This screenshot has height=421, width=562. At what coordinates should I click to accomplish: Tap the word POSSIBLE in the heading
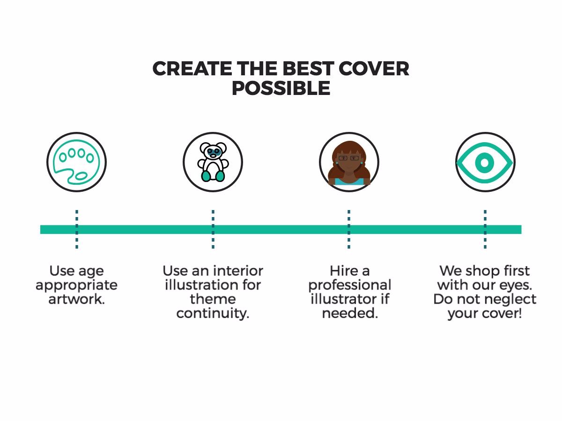tap(281, 88)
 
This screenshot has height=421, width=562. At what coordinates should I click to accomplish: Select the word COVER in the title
tap(374, 68)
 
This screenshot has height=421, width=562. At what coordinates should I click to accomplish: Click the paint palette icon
tap(76, 162)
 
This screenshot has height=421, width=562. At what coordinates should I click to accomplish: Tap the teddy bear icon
tap(213, 162)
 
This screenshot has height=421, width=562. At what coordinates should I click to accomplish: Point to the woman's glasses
tap(349, 158)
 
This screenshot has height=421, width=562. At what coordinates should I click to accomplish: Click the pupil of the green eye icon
tap(484, 163)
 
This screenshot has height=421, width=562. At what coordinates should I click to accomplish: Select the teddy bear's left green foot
tap(206, 176)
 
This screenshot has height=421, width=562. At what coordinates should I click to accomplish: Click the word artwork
tap(76, 299)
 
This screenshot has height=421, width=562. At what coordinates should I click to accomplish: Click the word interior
tap(238, 271)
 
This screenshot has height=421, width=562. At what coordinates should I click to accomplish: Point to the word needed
tap(350, 313)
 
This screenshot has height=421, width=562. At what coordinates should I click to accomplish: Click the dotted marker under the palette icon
tap(77, 229)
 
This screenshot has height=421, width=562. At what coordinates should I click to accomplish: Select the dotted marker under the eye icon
tap(485, 229)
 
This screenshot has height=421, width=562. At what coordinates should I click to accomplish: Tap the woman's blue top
tap(349, 182)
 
